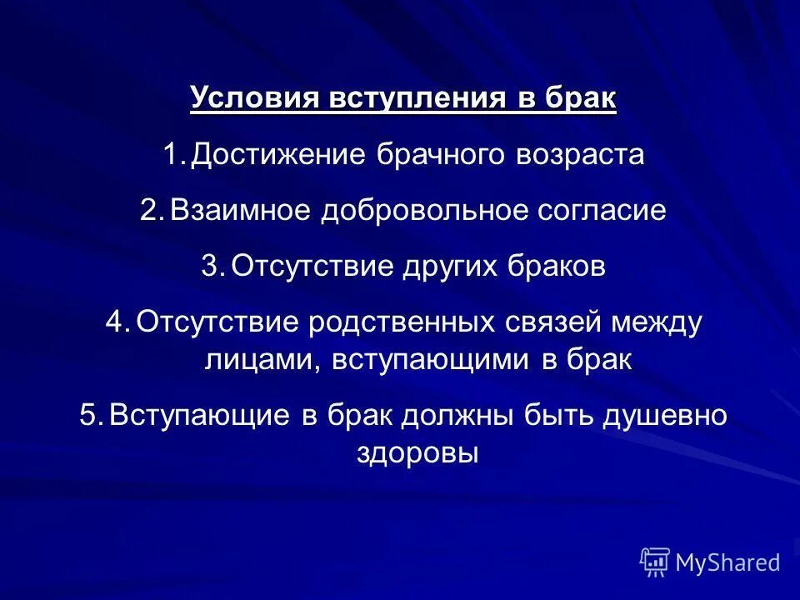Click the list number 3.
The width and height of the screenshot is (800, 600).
coord(212,267)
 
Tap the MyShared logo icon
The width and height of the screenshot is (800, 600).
coord(655,562)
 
